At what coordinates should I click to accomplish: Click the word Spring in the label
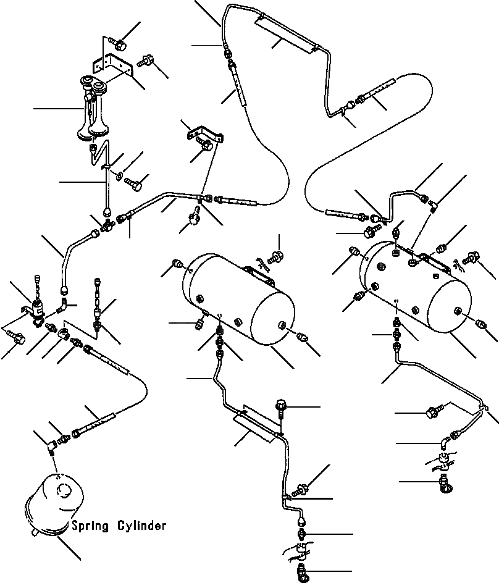coord(89,526)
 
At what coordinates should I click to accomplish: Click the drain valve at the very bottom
coord(303,571)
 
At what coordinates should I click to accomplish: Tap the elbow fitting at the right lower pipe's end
coord(446,441)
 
